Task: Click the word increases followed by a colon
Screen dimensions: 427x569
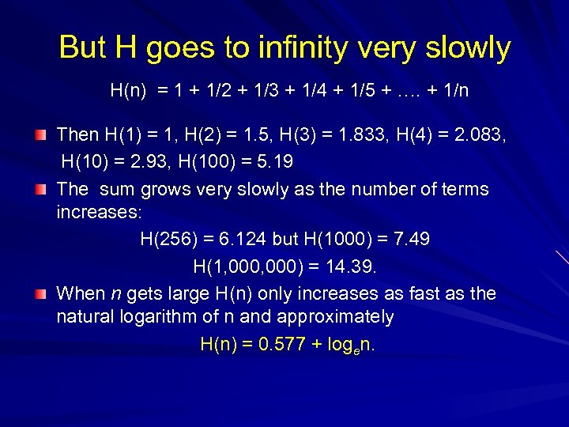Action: click(93, 213)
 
